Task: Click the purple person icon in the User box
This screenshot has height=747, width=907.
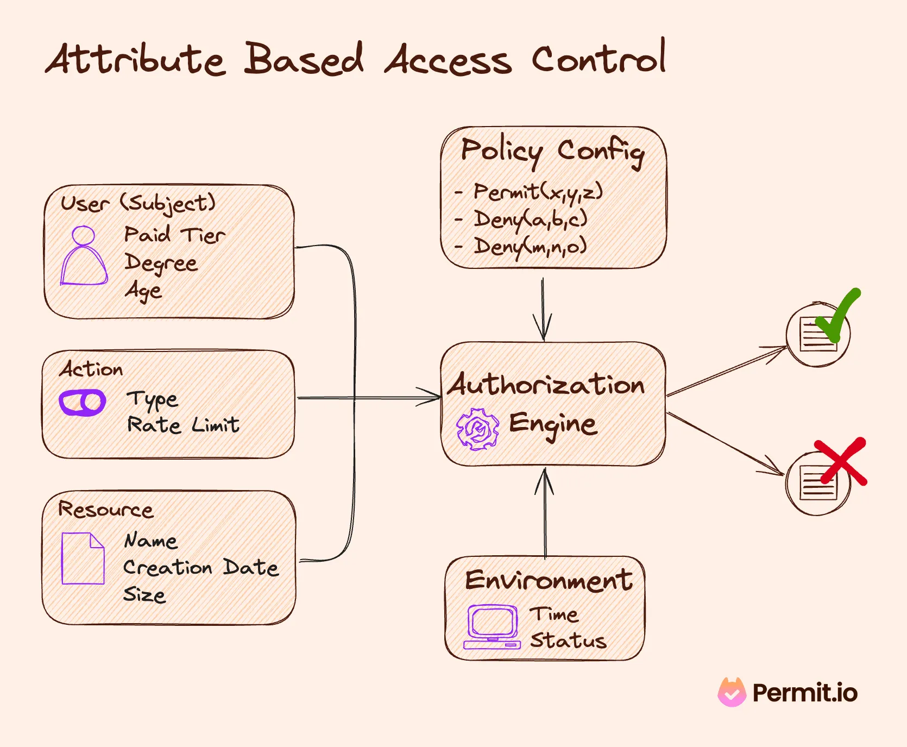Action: click(84, 256)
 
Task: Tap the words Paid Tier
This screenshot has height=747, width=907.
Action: click(174, 235)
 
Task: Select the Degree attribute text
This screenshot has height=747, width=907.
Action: click(161, 263)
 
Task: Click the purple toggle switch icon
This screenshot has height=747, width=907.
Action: click(82, 403)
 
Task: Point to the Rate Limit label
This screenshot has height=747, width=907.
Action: click(183, 424)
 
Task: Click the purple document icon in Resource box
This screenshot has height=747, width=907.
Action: click(83, 558)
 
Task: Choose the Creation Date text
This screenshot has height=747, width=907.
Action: click(200, 567)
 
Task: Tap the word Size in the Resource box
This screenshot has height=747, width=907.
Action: click(144, 594)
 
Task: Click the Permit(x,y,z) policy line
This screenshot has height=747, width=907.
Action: click(538, 192)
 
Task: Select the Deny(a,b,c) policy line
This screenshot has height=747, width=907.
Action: click(530, 219)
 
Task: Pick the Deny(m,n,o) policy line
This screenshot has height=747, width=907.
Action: click(530, 246)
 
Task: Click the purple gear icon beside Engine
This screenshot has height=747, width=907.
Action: click(477, 429)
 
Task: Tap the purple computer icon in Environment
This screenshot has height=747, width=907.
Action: click(492, 627)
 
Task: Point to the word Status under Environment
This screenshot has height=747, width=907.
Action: click(568, 640)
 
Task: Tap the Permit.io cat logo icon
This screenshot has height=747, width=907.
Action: click(732, 693)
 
